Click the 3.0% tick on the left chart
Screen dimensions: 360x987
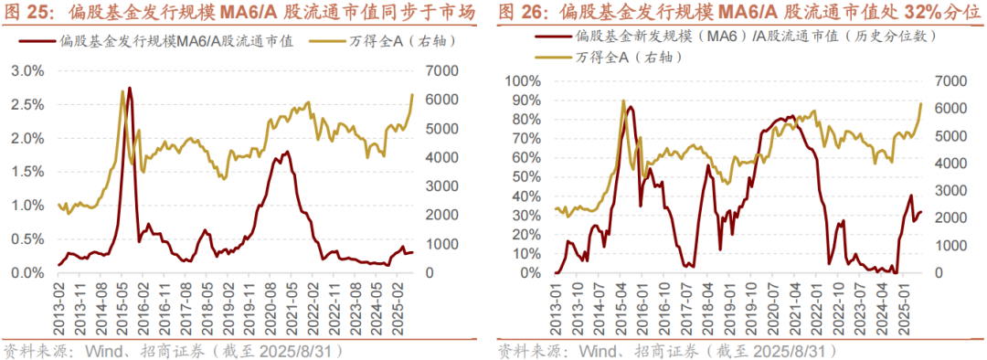pos(28,70)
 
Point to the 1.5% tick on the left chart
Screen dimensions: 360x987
pos(28,172)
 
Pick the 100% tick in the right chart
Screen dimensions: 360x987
pos(523,81)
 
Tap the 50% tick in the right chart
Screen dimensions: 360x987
pos(526,177)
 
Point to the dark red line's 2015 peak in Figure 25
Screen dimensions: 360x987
pos(130,89)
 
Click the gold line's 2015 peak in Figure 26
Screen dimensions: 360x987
pos(623,101)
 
